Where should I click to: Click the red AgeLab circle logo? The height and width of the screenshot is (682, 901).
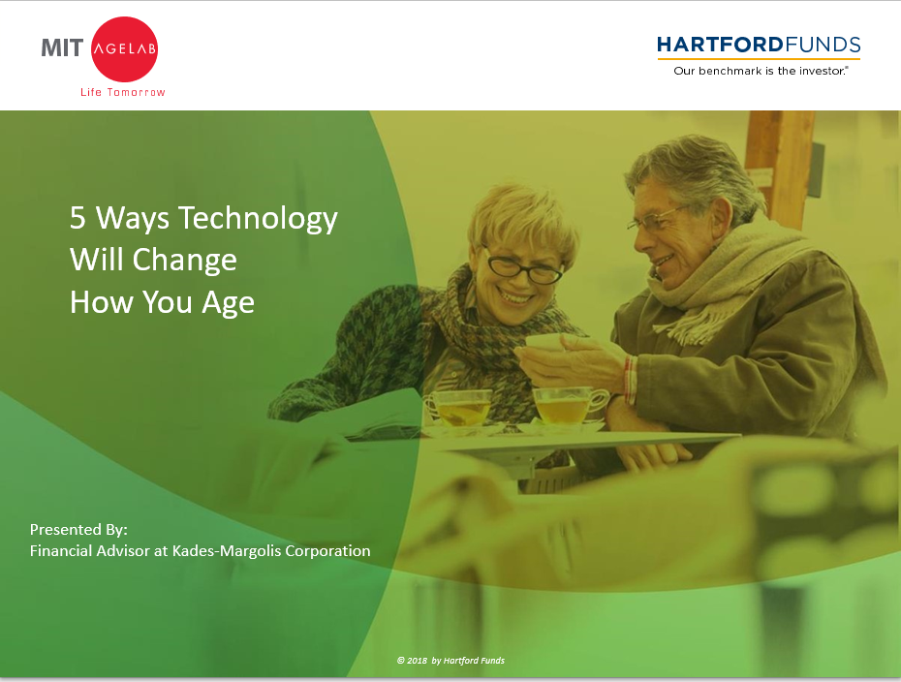click(x=124, y=48)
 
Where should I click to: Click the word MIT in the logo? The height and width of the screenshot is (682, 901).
click(x=62, y=48)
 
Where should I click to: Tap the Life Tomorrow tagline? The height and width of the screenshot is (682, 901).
click(x=123, y=92)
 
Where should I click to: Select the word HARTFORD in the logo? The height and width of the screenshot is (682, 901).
click(x=720, y=45)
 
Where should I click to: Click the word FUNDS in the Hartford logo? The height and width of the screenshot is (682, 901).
click(x=823, y=45)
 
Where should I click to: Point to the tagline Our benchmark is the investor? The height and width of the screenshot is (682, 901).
click(x=761, y=71)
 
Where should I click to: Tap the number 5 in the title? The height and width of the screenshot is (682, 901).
click(x=78, y=218)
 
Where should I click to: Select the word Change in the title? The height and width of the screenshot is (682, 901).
click(x=184, y=261)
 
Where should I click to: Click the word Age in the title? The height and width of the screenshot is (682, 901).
click(x=228, y=303)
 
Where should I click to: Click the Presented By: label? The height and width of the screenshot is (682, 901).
click(x=78, y=529)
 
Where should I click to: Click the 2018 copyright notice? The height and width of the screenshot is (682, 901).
click(x=450, y=660)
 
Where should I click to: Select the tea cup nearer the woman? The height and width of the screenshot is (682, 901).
click(x=458, y=408)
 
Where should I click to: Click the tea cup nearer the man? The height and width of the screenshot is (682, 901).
click(x=569, y=406)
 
